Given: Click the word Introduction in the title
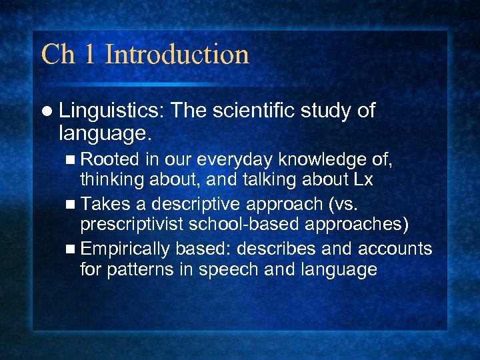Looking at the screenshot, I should pyautogui.click(x=177, y=54).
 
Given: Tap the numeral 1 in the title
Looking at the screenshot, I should pyautogui.click(x=91, y=54).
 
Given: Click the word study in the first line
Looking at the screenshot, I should pyautogui.click(x=327, y=111).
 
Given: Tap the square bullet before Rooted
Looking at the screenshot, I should pyautogui.click(x=71, y=160).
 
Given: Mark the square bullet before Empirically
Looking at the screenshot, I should pyautogui.click(x=71, y=249).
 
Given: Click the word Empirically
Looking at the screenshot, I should pyautogui.click(x=126, y=249).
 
